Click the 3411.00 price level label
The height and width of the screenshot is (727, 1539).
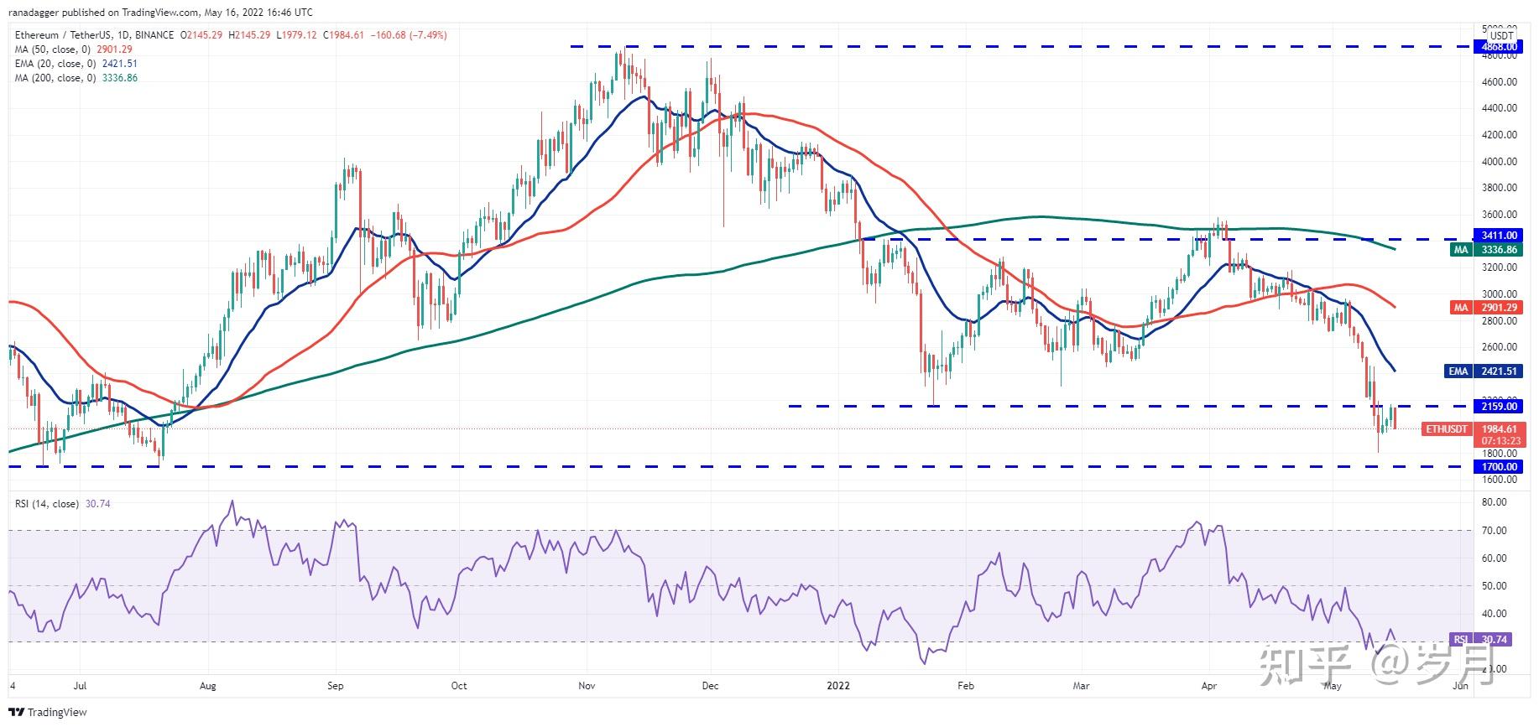(1498, 236)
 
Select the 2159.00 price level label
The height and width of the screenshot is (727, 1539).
(1498, 407)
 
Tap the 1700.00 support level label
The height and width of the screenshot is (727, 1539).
(1498, 467)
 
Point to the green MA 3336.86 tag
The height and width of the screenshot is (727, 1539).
(1486, 250)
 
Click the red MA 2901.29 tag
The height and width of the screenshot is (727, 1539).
(1486, 308)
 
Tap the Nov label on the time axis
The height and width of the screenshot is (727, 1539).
(587, 686)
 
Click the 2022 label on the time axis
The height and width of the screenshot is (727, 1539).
(837, 686)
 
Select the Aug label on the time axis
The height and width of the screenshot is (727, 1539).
(207, 686)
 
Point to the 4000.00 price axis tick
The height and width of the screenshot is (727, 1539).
(1500, 161)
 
